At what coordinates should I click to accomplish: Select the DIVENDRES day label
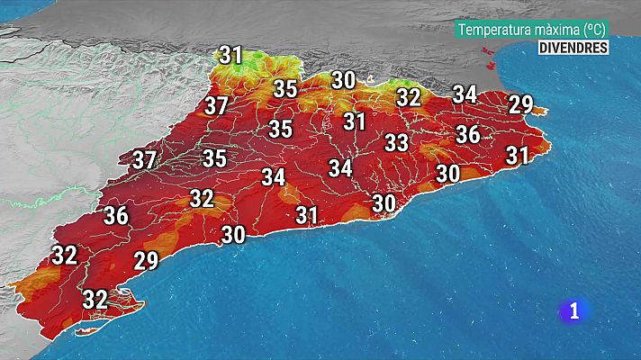pos(573,49)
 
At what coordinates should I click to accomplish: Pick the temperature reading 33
pos(397,142)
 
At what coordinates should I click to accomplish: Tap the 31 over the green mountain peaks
pos(231,56)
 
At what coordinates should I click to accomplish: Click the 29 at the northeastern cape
pos(520,103)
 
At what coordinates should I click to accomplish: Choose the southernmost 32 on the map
pos(95,298)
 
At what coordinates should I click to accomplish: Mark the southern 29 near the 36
pos(146,262)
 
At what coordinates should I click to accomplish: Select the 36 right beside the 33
pos(467,135)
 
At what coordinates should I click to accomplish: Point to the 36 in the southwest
pos(116,216)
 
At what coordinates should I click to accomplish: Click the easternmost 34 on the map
pos(465,94)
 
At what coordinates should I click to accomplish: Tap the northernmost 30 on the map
pos(343,80)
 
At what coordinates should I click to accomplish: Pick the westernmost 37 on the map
pos(144,161)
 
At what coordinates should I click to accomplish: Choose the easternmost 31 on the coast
pos(517,156)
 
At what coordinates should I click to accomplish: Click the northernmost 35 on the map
pos(285,89)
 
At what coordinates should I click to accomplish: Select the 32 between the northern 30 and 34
pos(409,97)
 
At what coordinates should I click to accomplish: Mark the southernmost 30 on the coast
pos(234,235)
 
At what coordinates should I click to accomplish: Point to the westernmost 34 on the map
pos(274,177)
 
